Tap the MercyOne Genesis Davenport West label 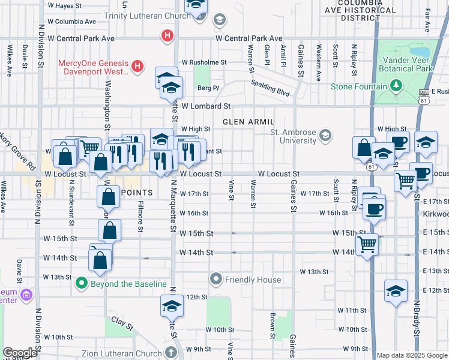click(x=93, y=67)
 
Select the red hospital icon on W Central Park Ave click(x=167, y=37)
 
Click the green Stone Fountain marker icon click(x=396, y=87)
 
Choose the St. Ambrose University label click(x=293, y=137)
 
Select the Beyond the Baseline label click(x=128, y=283)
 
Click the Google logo click(x=20, y=353)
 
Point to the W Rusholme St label click(x=204, y=62)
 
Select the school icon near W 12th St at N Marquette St click(x=172, y=306)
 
